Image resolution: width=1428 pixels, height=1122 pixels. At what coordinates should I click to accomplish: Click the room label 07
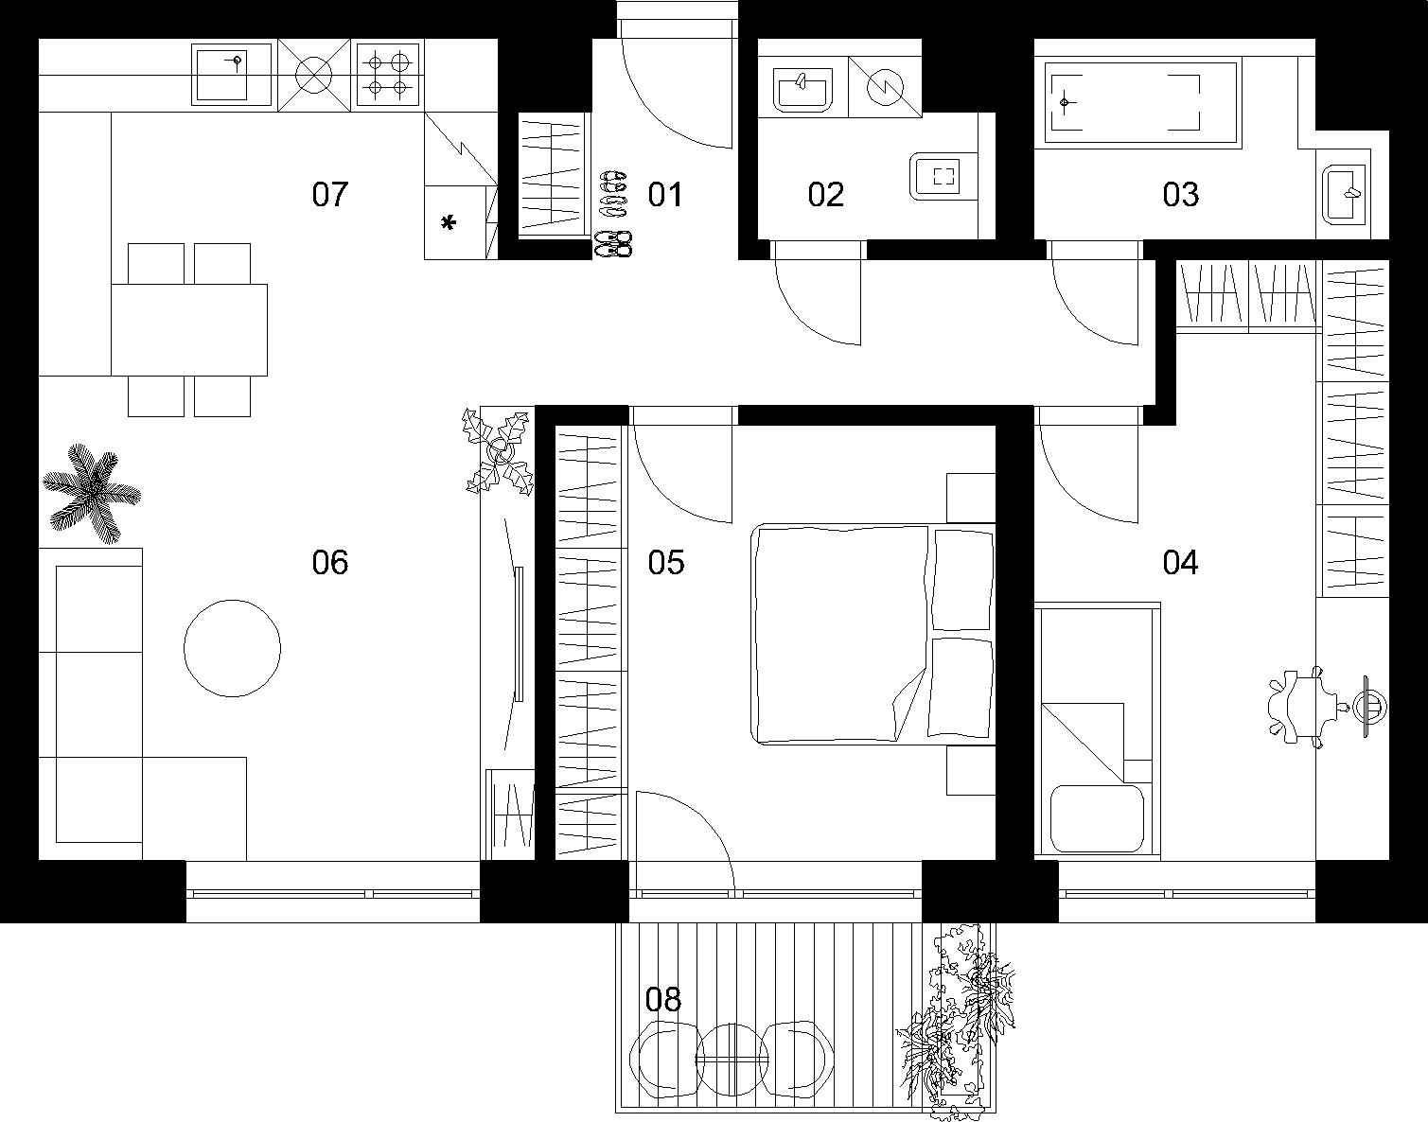coord(329,195)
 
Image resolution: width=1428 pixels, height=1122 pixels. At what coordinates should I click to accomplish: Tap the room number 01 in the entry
coord(665,195)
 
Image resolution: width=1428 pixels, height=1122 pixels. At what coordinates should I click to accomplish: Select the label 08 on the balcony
coord(663,1000)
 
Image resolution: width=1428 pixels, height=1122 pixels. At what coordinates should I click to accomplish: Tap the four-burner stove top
coord(388,74)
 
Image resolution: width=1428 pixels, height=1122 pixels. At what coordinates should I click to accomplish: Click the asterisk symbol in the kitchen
coord(449,223)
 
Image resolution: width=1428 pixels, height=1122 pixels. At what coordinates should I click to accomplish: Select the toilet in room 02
coord(943,176)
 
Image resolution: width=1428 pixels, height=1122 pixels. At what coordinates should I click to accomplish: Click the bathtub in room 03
coord(1142,103)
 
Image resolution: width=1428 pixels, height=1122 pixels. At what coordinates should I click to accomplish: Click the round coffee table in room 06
coord(232,648)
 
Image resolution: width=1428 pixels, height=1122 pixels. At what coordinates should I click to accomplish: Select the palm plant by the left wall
coord(92,493)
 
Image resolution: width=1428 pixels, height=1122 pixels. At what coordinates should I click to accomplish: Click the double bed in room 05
coord(873,634)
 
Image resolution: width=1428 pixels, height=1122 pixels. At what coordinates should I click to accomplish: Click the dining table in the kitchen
coord(189,330)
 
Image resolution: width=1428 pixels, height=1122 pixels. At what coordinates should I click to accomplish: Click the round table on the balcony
coord(732,1060)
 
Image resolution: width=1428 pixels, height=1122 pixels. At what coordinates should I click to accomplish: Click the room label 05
coord(665,562)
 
